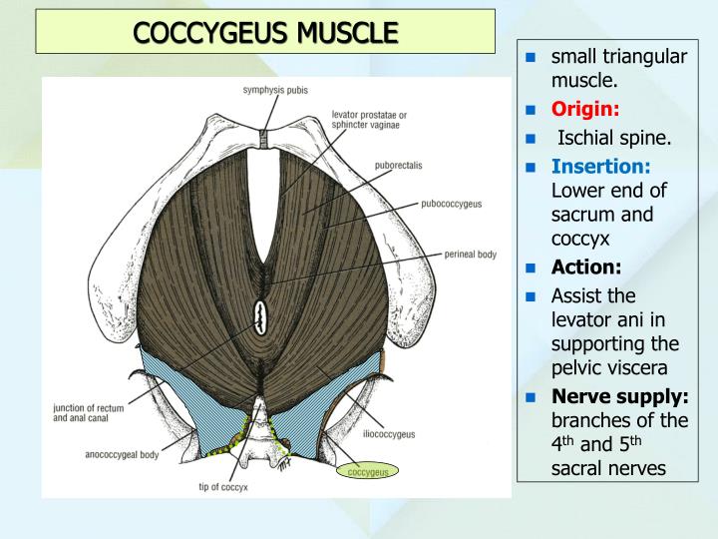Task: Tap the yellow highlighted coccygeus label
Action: point(367,471)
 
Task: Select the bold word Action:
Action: point(585,268)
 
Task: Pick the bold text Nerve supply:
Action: point(619,396)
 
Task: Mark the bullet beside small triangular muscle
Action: point(533,56)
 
